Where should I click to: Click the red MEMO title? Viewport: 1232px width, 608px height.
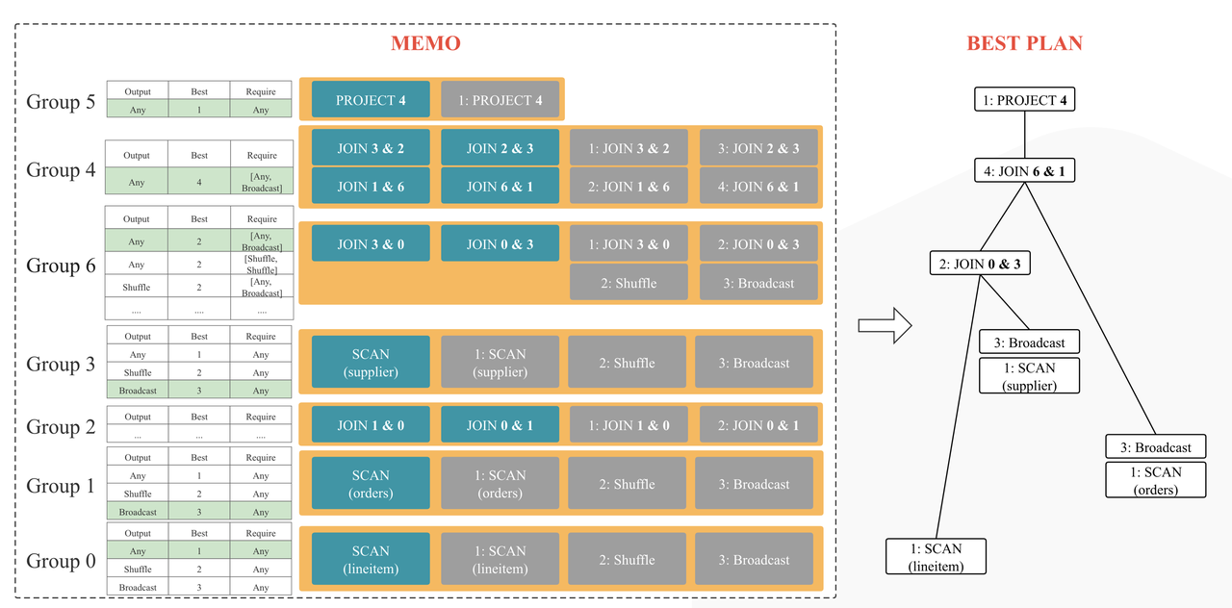425,43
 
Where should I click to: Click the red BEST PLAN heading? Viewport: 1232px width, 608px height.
1024,43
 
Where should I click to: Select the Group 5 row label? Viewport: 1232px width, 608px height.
61,101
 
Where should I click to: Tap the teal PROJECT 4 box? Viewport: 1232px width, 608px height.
371,100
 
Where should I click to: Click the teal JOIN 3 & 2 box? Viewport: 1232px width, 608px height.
371,148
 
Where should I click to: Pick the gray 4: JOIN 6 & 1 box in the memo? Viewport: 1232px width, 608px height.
758,187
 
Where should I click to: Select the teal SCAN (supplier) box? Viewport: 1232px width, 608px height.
371,363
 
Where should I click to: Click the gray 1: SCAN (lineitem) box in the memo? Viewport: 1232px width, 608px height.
500,560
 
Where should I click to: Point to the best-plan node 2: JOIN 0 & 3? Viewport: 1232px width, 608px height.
980,263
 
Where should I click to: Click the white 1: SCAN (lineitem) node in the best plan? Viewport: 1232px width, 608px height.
937,557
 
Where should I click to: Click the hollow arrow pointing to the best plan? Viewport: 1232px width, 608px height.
884,324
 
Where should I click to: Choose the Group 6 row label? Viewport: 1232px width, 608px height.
61,266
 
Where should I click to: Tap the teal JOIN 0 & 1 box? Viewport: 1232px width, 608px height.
500,425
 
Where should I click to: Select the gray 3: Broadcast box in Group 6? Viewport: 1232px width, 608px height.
758,283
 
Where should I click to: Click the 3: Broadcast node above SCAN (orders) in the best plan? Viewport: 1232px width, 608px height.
1155,447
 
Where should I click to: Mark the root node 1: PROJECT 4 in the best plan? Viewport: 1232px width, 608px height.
1024,99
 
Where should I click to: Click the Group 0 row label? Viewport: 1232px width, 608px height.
61,561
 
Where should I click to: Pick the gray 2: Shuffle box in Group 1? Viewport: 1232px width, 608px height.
627,484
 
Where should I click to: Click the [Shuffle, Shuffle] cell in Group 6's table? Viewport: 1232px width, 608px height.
261,265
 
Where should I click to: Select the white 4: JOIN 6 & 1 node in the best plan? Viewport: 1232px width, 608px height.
1024,172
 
